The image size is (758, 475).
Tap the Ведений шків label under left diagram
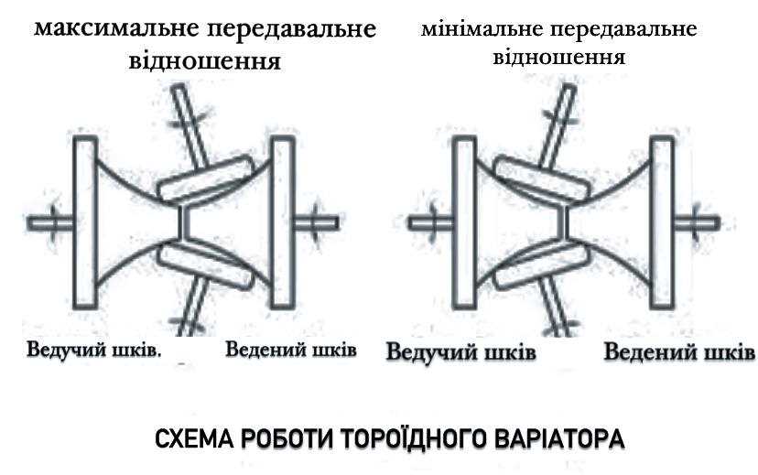click(290, 350)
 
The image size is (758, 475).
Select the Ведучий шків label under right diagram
click(460, 352)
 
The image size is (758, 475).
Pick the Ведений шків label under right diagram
click(680, 352)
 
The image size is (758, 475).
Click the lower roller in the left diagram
click(206, 264)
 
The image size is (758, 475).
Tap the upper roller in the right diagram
click(542, 178)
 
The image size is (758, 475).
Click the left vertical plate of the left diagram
click(85, 221)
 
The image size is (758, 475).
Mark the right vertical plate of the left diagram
click(283, 221)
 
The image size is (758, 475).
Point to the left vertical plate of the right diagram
click(464, 221)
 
